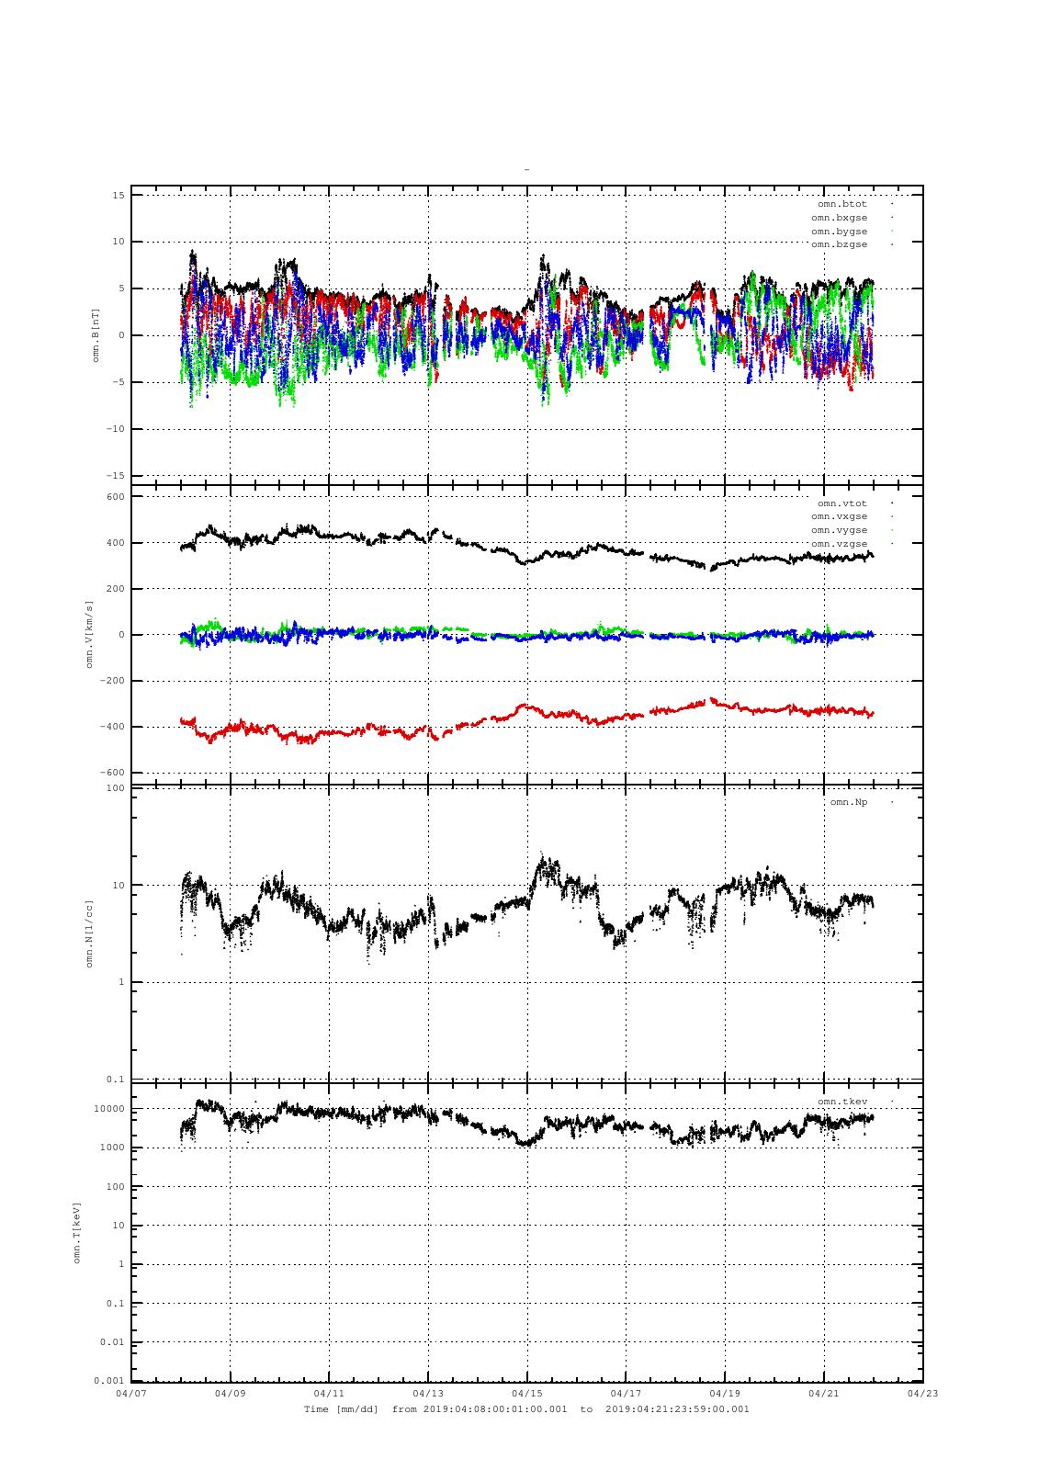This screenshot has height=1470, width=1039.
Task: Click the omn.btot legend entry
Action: [x=841, y=204]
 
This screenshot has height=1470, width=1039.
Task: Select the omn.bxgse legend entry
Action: [x=839, y=218]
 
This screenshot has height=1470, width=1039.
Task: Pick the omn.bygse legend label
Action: [x=839, y=232]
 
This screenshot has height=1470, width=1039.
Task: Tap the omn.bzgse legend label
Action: [x=839, y=244]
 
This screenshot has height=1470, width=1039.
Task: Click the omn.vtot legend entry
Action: [x=841, y=503]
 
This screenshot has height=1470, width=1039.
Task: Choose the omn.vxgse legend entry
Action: [x=839, y=516]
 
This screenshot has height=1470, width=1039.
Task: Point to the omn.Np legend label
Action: [x=848, y=802]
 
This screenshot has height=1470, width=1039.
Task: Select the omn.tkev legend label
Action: [x=841, y=1101]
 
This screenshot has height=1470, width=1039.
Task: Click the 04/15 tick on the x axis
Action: [x=527, y=1393]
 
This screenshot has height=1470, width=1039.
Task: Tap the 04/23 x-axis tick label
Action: [x=922, y=1393]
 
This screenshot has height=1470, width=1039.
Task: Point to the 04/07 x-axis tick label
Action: [x=131, y=1393]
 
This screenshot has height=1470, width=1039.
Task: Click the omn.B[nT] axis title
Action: [x=96, y=335]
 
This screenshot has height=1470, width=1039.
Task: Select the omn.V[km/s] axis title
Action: [x=90, y=634]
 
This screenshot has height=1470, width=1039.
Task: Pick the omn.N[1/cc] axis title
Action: [x=90, y=933]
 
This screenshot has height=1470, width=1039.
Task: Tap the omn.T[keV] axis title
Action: [x=77, y=1232]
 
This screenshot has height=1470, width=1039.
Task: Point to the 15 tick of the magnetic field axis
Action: [x=119, y=195]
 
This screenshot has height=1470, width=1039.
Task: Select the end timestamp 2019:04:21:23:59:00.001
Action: [x=677, y=1408]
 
